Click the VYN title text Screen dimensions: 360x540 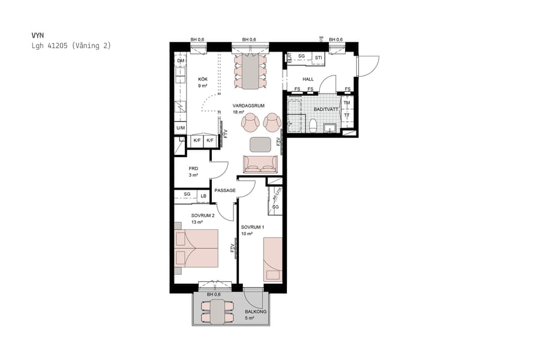[37, 35]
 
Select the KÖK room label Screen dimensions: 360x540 [203, 79]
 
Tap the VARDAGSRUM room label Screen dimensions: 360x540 [249, 105]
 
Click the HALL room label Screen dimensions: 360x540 [308, 79]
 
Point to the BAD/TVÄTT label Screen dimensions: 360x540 [326, 109]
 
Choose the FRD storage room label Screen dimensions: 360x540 [193, 169]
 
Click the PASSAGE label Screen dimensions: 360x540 [225, 190]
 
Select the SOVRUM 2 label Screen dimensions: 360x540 [203, 215]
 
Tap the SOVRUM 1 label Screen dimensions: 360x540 [253, 227]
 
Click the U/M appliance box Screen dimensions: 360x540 [181, 128]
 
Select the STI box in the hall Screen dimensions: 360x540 [319, 57]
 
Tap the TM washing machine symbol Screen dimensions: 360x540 [347, 103]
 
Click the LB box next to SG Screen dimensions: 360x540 [204, 195]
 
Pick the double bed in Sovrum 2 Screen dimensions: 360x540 [196, 248]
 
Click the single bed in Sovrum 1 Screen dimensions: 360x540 [272, 259]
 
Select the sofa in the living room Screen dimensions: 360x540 [260, 164]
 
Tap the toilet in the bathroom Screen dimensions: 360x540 [313, 124]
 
